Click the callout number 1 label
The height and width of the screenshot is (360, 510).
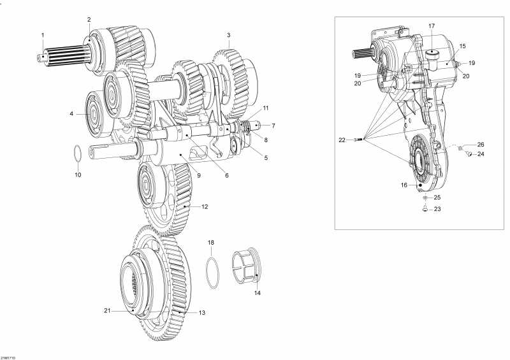[x=43, y=34]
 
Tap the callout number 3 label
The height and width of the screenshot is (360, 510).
[x=228, y=34]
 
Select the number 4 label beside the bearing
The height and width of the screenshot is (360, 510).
[x=71, y=114]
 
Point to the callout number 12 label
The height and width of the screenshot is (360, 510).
[x=205, y=206]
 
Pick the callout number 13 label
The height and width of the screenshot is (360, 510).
[x=202, y=313]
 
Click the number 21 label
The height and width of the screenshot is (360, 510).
[x=107, y=311]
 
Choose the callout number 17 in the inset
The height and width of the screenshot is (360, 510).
[x=431, y=26]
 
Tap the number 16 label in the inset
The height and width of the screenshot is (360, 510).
[x=404, y=185]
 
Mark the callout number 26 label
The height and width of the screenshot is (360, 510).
[x=481, y=144]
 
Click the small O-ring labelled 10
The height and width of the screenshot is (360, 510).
[x=76, y=154]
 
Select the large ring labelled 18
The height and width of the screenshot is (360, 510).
[x=213, y=272]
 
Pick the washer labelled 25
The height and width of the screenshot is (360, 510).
[x=425, y=198]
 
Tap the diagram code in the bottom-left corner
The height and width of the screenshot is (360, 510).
[x=8, y=357]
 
